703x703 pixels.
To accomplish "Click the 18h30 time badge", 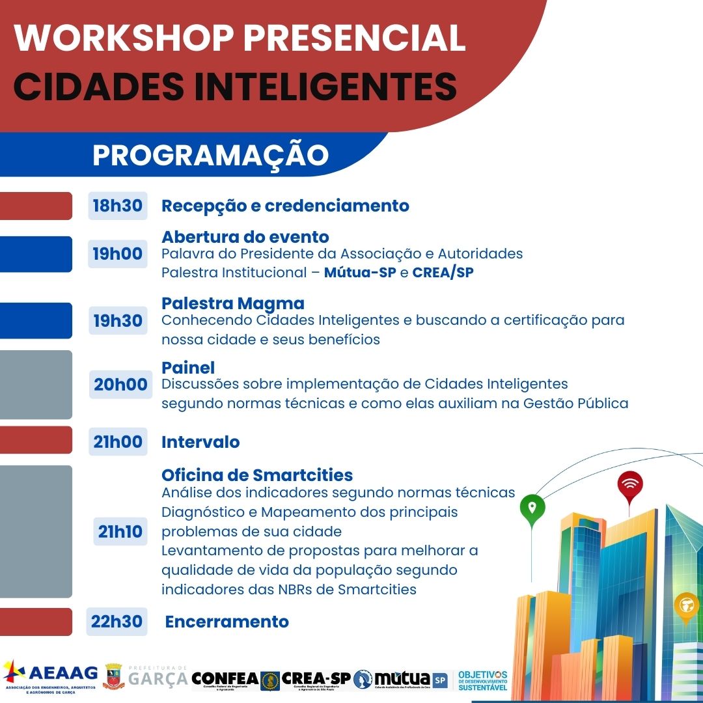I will click(x=117, y=206).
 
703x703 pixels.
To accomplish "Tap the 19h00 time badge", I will click(x=117, y=254).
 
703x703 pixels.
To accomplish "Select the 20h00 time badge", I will click(x=120, y=385).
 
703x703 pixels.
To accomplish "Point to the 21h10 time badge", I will click(x=120, y=532).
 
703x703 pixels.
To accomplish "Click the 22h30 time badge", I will click(x=117, y=622).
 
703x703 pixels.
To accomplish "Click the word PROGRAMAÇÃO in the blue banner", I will click(x=210, y=156).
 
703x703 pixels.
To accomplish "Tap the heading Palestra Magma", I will click(x=232, y=303).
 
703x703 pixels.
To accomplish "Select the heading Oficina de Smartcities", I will click(x=256, y=475).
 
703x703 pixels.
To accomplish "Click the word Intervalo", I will click(x=200, y=442).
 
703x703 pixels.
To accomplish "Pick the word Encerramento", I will click(x=227, y=622).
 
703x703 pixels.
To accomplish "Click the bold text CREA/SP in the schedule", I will click(x=443, y=273).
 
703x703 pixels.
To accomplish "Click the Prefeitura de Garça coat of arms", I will click(x=113, y=677).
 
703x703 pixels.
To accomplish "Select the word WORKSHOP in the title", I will click(x=123, y=38).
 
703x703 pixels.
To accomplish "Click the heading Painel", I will click(x=187, y=368).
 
